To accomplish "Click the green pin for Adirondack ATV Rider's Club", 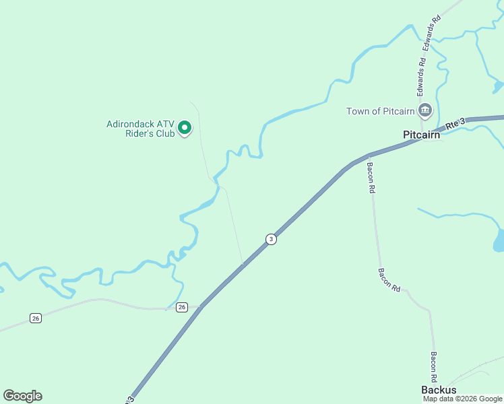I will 184,126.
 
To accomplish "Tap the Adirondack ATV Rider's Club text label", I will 141,129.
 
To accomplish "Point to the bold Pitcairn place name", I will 421,135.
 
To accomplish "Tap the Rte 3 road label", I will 455,124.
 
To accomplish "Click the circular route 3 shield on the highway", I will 271,239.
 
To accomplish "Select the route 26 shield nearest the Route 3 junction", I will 182,307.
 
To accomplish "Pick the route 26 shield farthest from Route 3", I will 36,318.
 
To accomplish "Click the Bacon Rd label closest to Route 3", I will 370,177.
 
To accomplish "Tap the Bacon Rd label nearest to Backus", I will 435,366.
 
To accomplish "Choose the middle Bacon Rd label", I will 389,279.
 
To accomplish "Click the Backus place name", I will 439,390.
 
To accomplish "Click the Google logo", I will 22,396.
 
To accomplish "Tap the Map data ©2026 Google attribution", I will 462,399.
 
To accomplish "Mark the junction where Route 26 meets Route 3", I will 201,306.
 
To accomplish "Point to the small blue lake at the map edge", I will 499,240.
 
